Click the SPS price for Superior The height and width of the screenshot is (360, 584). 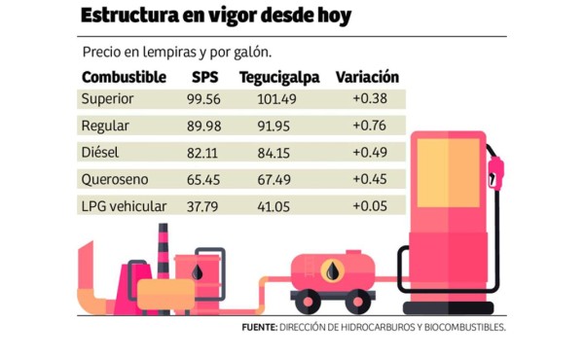(204, 99)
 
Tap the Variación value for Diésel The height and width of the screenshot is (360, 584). (369, 152)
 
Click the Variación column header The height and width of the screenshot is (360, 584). (367, 77)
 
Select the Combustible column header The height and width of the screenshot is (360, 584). (124, 77)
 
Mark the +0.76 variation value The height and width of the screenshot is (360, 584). (369, 126)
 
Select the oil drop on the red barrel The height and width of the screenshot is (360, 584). (198, 272)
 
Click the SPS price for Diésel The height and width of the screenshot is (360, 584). (204, 152)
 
